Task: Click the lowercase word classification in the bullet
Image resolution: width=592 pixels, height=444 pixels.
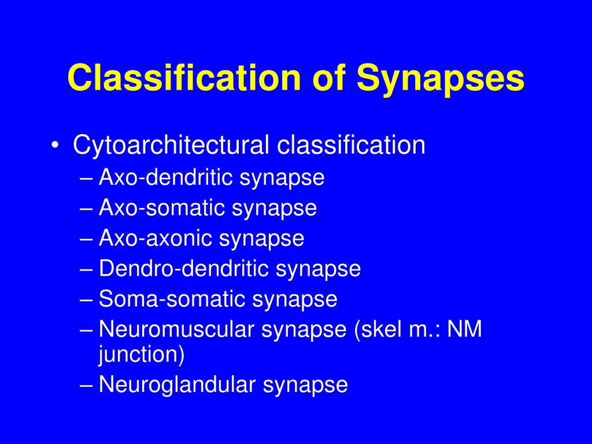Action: (351, 145)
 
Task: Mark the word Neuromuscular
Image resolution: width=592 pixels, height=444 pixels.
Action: (177, 330)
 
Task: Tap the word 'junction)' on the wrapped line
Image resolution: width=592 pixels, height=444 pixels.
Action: (141, 354)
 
